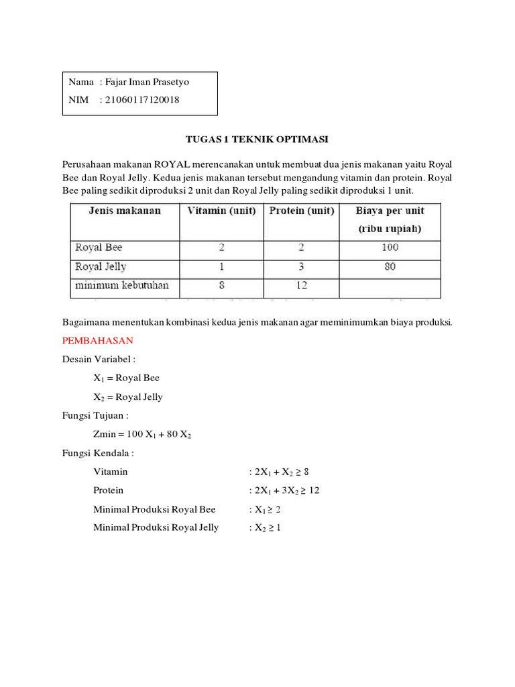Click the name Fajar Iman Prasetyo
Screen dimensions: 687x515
(153, 83)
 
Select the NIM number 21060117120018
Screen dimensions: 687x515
(143, 100)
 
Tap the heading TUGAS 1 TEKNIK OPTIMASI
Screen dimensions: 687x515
(256, 139)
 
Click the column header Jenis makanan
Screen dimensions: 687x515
(125, 211)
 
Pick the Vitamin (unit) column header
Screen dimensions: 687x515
(221, 211)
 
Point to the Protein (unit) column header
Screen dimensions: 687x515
(302, 211)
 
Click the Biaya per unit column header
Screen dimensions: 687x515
(390, 219)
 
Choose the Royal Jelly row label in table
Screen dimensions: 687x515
(101, 266)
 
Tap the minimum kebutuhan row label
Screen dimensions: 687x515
(122, 285)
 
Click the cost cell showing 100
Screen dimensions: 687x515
(390, 248)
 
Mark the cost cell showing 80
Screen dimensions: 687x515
(390, 266)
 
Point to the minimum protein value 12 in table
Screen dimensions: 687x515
(302, 285)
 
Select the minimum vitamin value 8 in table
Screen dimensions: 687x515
(221, 285)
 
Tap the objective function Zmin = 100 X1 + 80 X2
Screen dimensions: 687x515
(143, 434)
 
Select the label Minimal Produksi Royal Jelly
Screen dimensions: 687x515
(156, 527)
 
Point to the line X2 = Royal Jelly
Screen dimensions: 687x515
(128, 397)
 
